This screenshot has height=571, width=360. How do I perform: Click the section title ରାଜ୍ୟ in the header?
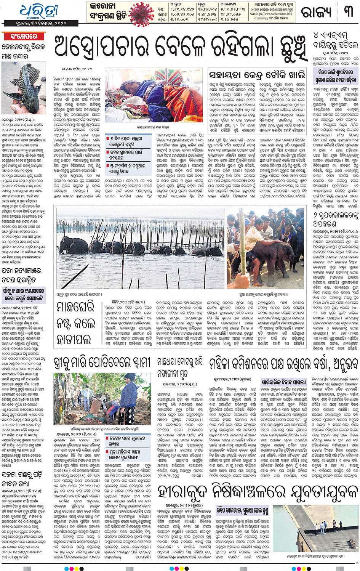click(316, 13)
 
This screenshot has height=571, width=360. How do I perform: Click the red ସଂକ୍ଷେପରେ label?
click(24, 37)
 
